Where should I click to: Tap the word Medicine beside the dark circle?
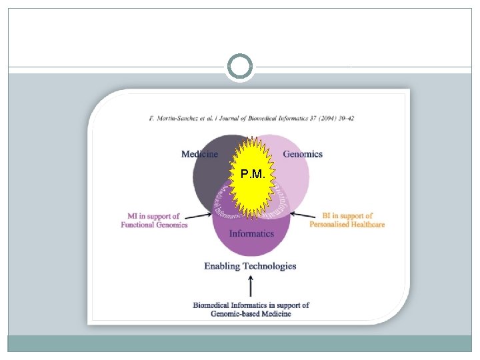point(199,154)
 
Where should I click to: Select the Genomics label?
point(303,154)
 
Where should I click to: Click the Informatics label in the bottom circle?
point(251,233)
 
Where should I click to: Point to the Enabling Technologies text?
point(250,266)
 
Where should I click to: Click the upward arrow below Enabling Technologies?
point(250,287)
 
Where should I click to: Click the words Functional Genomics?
point(154,225)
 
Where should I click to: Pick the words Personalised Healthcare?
point(347,224)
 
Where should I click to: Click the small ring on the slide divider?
point(240,67)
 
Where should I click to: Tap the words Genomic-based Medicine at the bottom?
point(251,313)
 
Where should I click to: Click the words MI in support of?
point(153,216)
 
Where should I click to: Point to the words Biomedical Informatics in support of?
point(251,305)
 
